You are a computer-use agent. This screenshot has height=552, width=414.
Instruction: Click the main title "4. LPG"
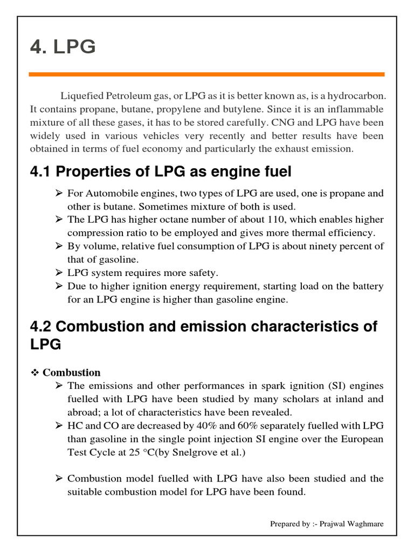pos(63,47)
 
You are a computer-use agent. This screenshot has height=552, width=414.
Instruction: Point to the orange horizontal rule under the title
pos(206,74)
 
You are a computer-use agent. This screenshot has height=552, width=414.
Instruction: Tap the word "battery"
pos(365,286)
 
